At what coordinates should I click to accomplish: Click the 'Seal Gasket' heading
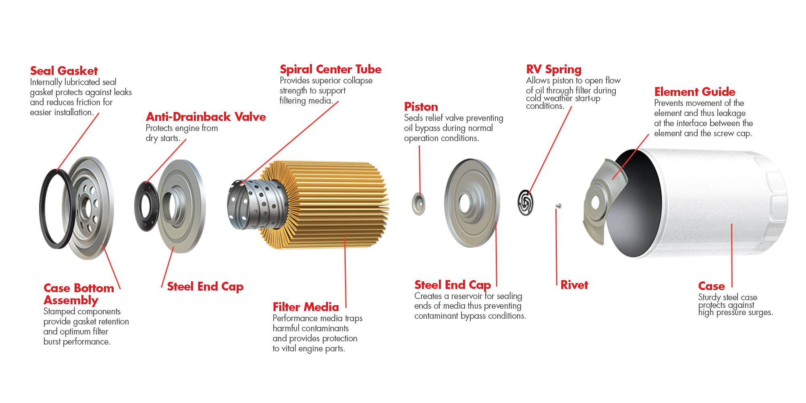tap(64, 71)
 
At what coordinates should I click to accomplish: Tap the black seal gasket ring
tap(56, 209)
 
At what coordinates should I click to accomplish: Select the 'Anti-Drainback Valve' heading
tap(206, 117)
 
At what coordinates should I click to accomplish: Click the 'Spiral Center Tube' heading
tap(330, 69)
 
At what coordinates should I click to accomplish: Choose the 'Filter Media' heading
tap(305, 307)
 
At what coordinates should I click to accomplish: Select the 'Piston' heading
tap(421, 107)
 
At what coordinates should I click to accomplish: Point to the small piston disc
tap(419, 204)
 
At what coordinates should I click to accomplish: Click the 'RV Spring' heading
tap(554, 70)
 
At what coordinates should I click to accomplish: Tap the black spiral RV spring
tap(526, 202)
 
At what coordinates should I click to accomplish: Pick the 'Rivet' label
tap(574, 285)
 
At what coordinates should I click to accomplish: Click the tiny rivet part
tap(558, 206)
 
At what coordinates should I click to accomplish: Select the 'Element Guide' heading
tap(695, 92)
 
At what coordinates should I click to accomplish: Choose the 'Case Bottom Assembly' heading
tap(79, 294)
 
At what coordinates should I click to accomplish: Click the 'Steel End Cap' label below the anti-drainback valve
tap(205, 287)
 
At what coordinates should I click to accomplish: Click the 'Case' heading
tap(711, 286)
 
